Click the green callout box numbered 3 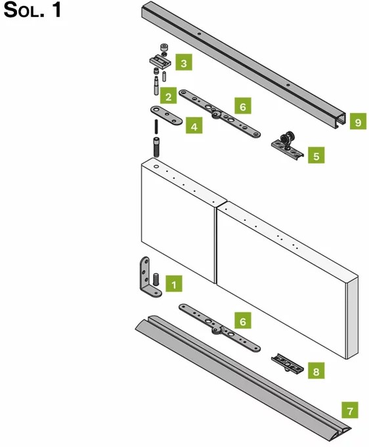pyautogui.click(x=184, y=62)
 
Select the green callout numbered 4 pyautogui.click(x=194, y=125)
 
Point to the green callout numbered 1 pyautogui.click(x=174, y=284)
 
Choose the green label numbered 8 pyautogui.click(x=316, y=371)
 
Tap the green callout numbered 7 pyautogui.click(x=350, y=410)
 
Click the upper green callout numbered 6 pyautogui.click(x=243, y=106)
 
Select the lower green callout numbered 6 pyautogui.click(x=243, y=320)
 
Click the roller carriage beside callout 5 pyautogui.click(x=287, y=144)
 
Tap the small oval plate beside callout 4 pyautogui.click(x=166, y=115)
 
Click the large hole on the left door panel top pyautogui.click(x=156, y=166)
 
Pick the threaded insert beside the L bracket pyautogui.click(x=156, y=280)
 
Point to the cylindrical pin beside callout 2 pyautogui.click(x=156, y=86)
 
